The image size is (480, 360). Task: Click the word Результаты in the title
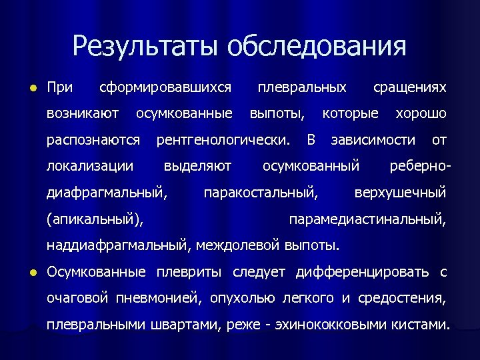coord(146,47)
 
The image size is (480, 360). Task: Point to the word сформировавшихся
coord(165,87)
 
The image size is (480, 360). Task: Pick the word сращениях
coord(409,87)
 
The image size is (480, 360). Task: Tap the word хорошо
coord(421,114)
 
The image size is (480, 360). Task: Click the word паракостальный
coord(261,193)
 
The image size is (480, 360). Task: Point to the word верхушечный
coord(400,193)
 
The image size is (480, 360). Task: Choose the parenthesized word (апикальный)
coord(95,219)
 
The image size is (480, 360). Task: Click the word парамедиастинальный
coord(367,219)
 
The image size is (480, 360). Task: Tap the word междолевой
coord(245,245)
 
